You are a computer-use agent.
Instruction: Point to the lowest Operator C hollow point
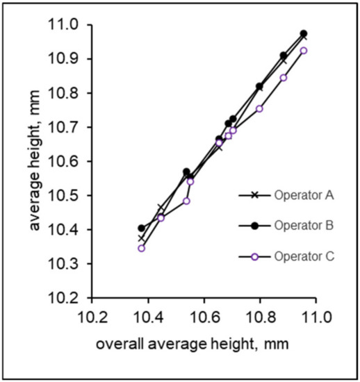pos(142,248)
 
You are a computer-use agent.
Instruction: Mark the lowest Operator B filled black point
pos(142,228)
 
